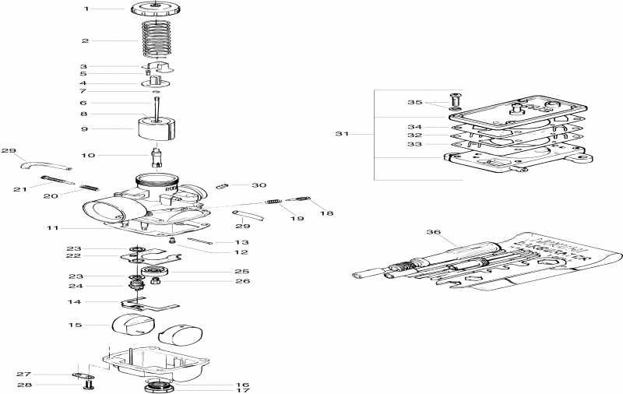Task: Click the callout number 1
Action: pos(86,9)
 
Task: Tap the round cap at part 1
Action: pos(157,10)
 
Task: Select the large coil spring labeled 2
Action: pos(159,39)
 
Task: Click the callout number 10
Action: pos(87,155)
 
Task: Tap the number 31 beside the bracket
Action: pos(342,134)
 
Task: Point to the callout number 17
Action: pos(242,390)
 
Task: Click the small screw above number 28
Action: pos(88,385)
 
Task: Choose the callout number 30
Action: pos(259,185)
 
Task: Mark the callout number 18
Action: pos(326,212)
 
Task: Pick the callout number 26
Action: pos(242,280)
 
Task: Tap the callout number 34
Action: pos(415,126)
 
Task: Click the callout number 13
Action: pos(242,242)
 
